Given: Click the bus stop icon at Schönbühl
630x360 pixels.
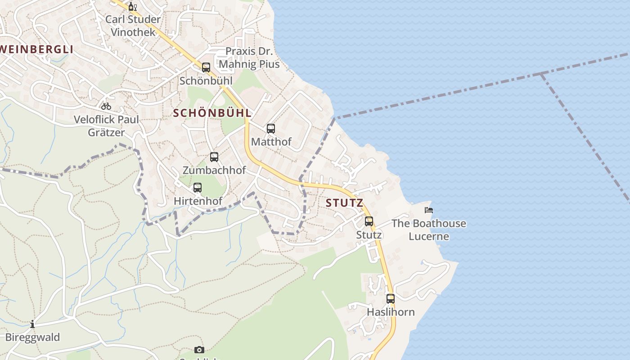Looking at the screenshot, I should (206, 67).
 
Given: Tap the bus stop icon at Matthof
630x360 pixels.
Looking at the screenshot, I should (270, 129).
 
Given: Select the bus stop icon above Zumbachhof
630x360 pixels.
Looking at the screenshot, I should (214, 157).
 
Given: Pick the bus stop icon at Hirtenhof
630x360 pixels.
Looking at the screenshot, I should (198, 188).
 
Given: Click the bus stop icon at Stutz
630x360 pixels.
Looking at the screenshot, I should (369, 221).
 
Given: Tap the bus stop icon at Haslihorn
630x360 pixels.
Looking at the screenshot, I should (391, 299).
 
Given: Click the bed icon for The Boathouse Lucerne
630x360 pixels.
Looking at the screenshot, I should (429, 210).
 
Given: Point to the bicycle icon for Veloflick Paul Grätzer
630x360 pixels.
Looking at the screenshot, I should (106, 106).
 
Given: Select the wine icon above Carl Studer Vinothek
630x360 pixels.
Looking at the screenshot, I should (132, 6).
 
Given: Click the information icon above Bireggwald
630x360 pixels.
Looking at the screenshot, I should (32, 324).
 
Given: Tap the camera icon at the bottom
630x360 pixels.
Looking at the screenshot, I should (199, 350).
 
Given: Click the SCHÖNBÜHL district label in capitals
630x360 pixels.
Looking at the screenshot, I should (212, 113).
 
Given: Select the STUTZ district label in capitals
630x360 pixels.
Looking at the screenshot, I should (344, 203).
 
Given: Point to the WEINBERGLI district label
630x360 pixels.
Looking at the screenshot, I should (36, 49).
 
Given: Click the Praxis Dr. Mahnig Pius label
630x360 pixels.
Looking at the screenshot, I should (249, 58).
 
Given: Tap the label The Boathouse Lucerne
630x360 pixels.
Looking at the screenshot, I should (428, 229).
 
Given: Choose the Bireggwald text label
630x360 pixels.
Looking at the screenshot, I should (32, 337).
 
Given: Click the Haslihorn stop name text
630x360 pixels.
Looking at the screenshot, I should (391, 312).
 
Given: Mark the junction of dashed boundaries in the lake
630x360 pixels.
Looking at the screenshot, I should (541, 73).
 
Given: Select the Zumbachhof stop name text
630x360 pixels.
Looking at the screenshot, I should (214, 170).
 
